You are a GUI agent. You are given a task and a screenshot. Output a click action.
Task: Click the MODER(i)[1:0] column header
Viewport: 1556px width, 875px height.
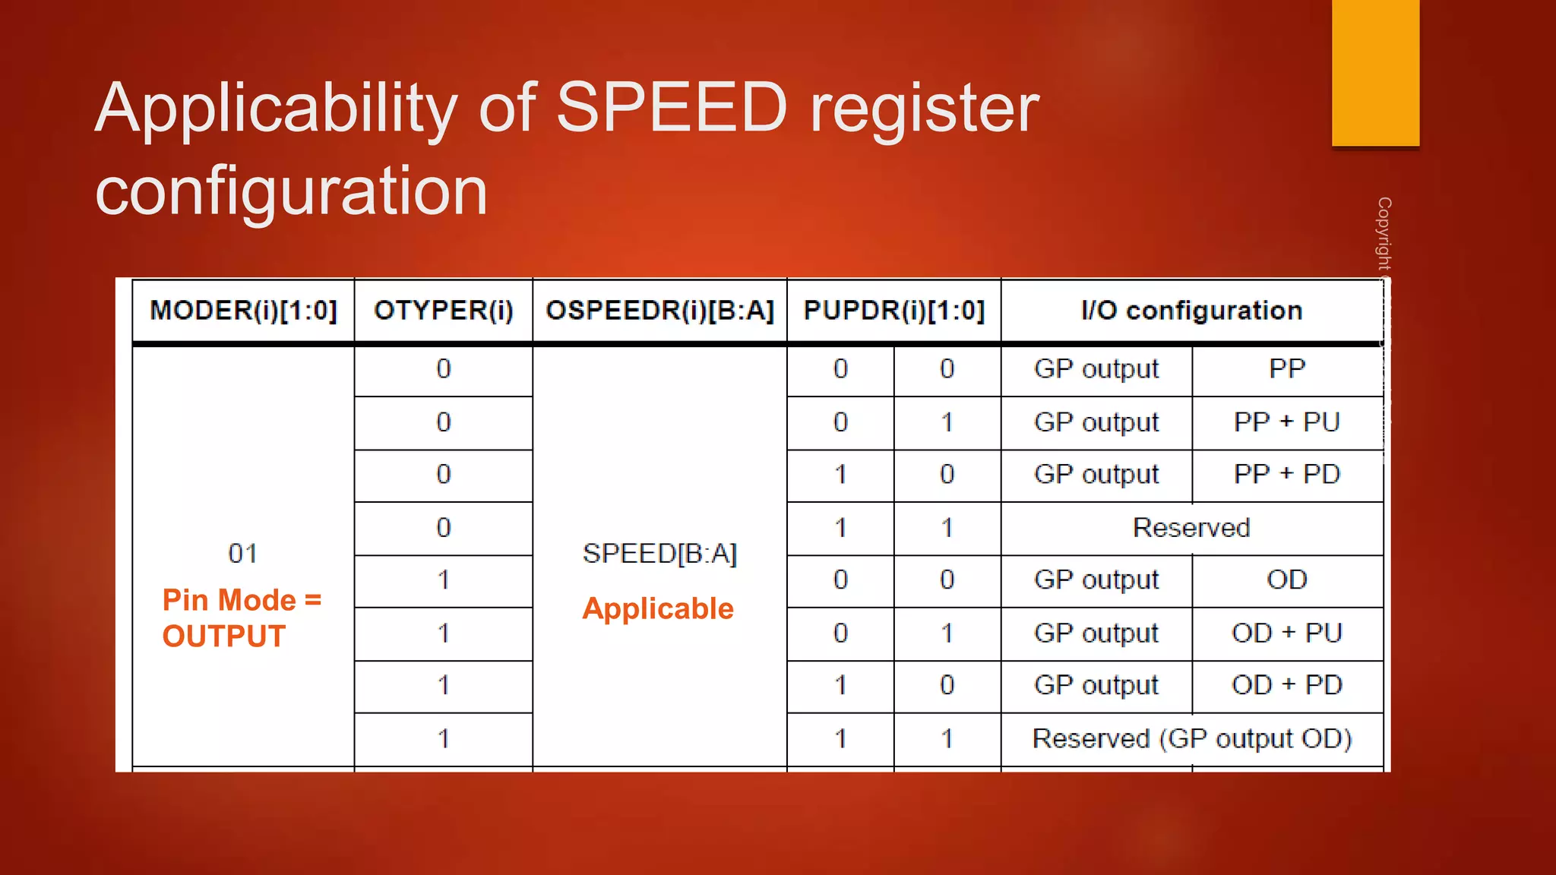pos(243,311)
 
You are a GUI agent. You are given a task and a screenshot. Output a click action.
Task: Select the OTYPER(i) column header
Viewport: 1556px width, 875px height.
pos(444,311)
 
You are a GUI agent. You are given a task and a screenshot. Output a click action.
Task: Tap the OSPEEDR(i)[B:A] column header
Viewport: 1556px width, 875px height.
pos(659,311)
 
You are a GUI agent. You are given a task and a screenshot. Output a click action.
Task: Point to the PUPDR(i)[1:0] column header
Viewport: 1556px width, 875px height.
pos(893,311)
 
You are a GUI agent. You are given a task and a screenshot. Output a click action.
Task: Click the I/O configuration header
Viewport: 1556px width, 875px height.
pos(1191,311)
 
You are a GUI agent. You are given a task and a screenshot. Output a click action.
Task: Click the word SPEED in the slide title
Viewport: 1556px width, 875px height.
pos(672,108)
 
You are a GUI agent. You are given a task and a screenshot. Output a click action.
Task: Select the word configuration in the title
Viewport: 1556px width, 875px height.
pos(291,191)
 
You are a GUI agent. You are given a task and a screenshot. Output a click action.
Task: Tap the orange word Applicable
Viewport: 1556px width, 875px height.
pos(658,609)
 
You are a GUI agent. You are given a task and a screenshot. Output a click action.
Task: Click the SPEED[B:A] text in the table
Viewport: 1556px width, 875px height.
pos(659,554)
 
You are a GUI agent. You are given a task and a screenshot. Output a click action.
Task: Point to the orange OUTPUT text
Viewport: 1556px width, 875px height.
pos(224,637)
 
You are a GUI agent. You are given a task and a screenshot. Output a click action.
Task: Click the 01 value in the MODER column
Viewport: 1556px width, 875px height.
pos(242,554)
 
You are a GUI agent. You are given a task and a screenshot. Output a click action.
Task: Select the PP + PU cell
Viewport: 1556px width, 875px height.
pos(1286,422)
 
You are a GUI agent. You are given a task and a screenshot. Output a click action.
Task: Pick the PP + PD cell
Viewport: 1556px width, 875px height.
pos(1286,475)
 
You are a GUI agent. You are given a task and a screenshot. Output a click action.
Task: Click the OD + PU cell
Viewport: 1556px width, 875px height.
pos(1286,633)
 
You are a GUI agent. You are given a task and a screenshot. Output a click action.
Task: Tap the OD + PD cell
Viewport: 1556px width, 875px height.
pos(1286,686)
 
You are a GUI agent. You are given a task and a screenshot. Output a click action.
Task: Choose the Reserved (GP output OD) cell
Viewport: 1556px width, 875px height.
pos(1191,739)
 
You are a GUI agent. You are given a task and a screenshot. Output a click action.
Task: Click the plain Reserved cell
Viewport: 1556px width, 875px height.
pos(1191,528)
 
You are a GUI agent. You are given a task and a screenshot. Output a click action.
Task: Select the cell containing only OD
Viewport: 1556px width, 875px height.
pos(1286,580)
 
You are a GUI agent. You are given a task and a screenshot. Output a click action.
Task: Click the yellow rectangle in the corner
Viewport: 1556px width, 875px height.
pos(1375,72)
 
